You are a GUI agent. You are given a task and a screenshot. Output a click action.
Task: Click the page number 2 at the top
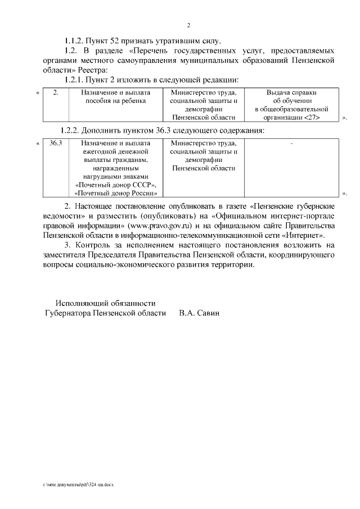(188, 25)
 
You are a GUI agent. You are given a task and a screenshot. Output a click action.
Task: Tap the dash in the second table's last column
(291, 145)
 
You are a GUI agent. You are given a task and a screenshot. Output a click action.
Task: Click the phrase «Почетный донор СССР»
(115, 184)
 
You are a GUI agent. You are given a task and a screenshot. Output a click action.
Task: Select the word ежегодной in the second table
(92, 152)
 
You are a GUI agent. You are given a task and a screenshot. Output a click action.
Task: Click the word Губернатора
(71, 313)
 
